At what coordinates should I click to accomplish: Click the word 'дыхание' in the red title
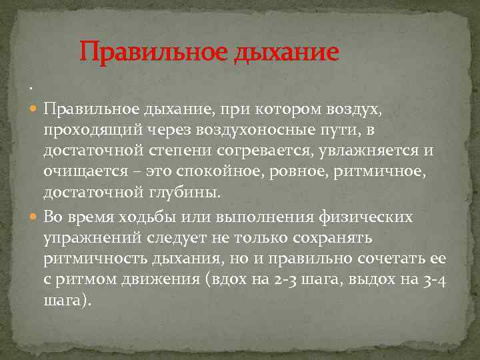pyautogui.click(x=287, y=51)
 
